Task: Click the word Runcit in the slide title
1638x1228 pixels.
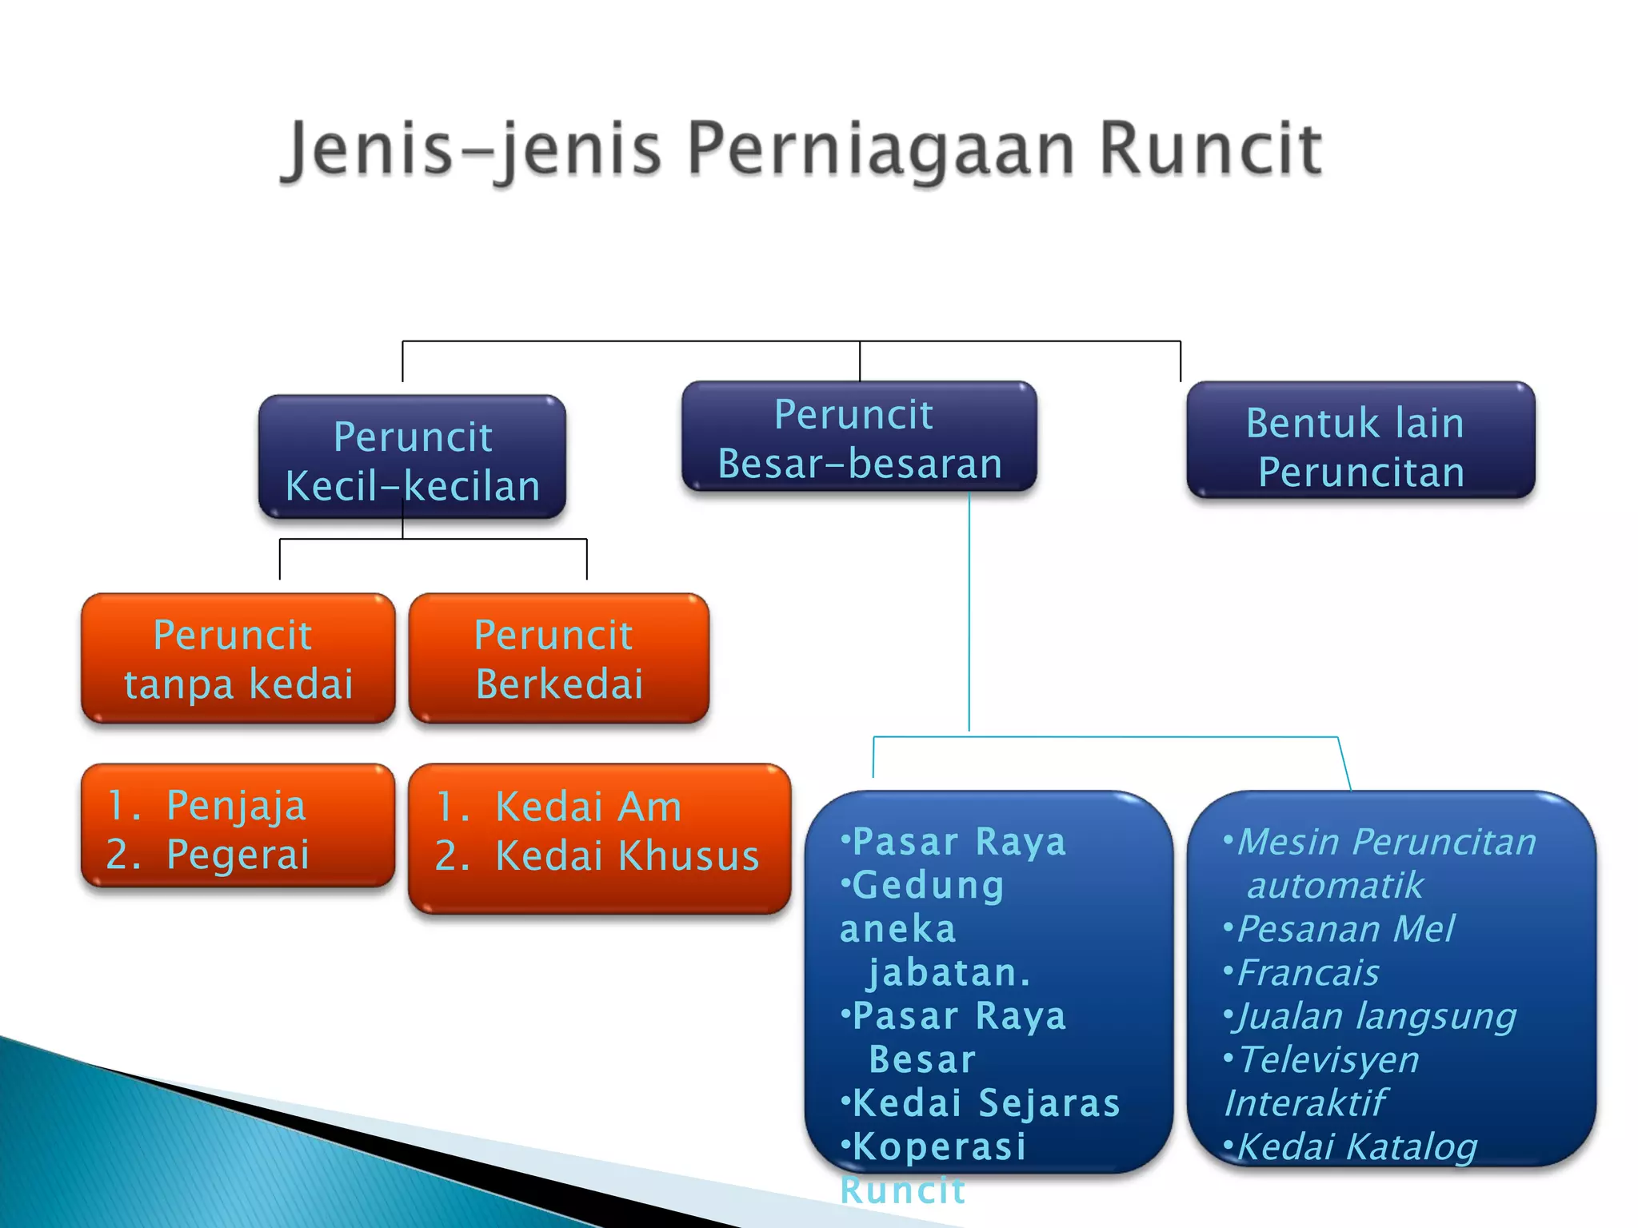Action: pyautogui.click(x=1210, y=149)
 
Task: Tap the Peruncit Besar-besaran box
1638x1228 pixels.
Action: pyautogui.click(x=859, y=437)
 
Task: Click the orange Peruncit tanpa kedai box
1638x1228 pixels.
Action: pyautogui.click(x=238, y=659)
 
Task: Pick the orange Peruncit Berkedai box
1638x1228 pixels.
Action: pyautogui.click(x=558, y=659)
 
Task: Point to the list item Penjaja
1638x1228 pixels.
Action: pyautogui.click(x=236, y=805)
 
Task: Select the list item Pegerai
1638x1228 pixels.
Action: pyautogui.click(x=238, y=854)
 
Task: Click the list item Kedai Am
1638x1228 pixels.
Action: pyautogui.click(x=588, y=806)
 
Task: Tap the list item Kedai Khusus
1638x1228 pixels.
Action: pyautogui.click(x=626, y=855)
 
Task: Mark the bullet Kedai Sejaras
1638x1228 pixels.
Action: pyautogui.click(x=985, y=1103)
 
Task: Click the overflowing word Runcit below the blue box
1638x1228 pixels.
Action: pyautogui.click(x=902, y=1190)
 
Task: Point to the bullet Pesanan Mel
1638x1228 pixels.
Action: pyautogui.click(x=1345, y=929)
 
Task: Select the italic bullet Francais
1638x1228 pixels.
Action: pyautogui.click(x=1308, y=973)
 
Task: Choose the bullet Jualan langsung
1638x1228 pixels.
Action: pyautogui.click(x=1376, y=1016)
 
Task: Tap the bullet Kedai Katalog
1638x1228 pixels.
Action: pyautogui.click(x=1356, y=1146)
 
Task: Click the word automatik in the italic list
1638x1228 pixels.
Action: pyautogui.click(x=1335, y=886)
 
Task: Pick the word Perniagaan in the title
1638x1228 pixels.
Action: pyautogui.click(x=881, y=149)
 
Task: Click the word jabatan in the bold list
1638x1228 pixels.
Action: pyautogui.click(x=948, y=973)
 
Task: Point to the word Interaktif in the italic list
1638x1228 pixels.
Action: pyautogui.click(x=1304, y=1103)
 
